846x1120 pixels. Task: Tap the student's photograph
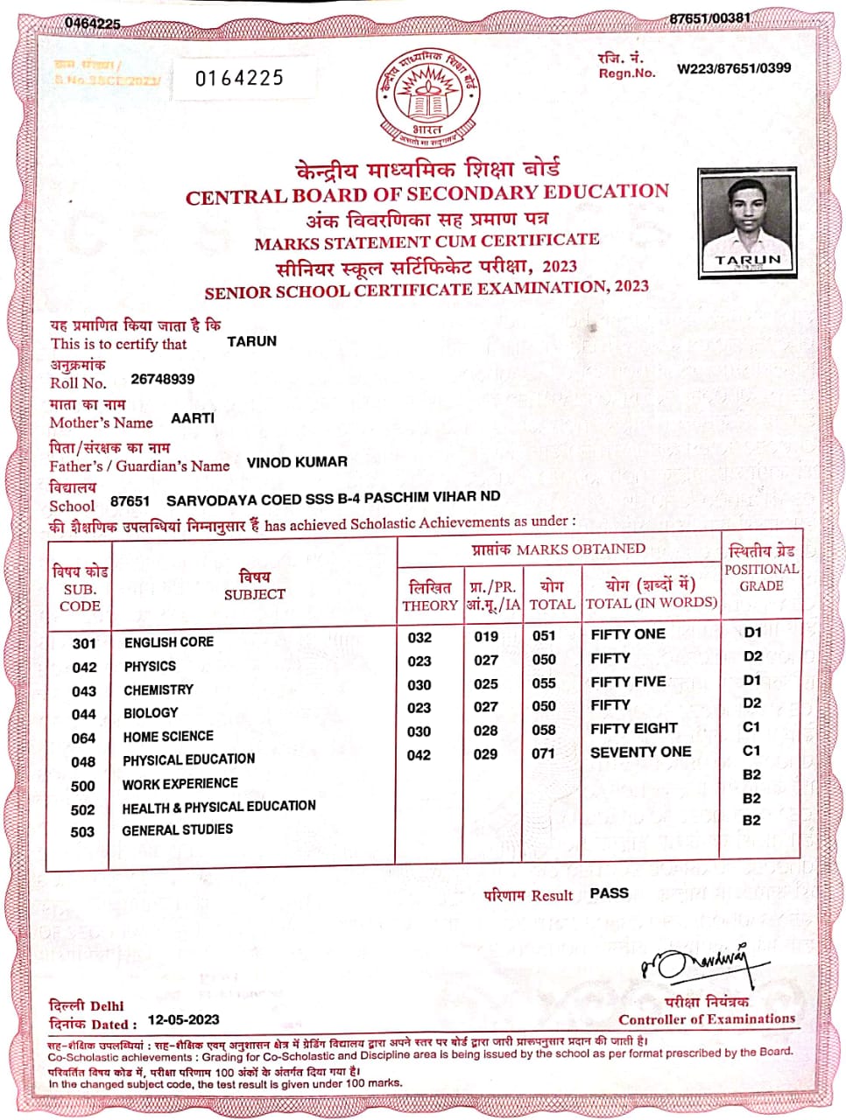click(747, 222)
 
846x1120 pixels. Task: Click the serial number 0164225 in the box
click(239, 79)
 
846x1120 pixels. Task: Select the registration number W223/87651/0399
click(734, 68)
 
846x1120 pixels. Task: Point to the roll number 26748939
click(163, 379)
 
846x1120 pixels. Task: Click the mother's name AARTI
click(193, 418)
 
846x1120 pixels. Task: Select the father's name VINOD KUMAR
click(297, 461)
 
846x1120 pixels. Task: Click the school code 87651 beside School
click(130, 500)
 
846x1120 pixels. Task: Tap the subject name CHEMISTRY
click(159, 689)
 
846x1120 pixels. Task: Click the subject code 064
click(83, 738)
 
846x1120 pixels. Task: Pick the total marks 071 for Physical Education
click(543, 753)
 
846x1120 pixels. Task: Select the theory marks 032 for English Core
click(419, 637)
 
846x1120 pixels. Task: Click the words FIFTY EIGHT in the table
click(634, 728)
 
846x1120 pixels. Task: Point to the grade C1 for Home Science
click(752, 727)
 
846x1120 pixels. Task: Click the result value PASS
click(609, 892)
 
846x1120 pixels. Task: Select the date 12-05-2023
click(184, 1019)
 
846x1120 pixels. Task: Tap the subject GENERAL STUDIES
click(177, 829)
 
